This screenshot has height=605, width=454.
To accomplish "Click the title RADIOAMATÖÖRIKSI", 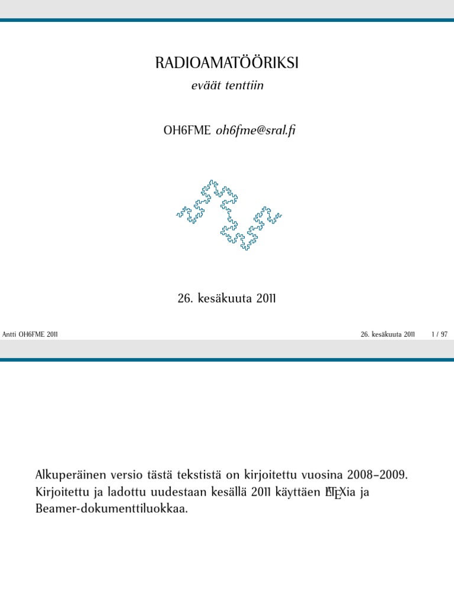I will click(x=227, y=63).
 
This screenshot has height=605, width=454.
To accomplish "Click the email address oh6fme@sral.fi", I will click(x=255, y=131).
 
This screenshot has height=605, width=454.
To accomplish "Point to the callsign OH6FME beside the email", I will click(x=187, y=131).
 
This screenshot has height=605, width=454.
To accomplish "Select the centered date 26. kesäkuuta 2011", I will click(x=227, y=298).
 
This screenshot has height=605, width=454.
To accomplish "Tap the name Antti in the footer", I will click(x=9, y=334).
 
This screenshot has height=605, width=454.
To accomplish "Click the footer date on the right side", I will click(x=388, y=334).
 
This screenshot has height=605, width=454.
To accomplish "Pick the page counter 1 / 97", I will click(x=440, y=334).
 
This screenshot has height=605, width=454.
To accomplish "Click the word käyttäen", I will click(x=295, y=492).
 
